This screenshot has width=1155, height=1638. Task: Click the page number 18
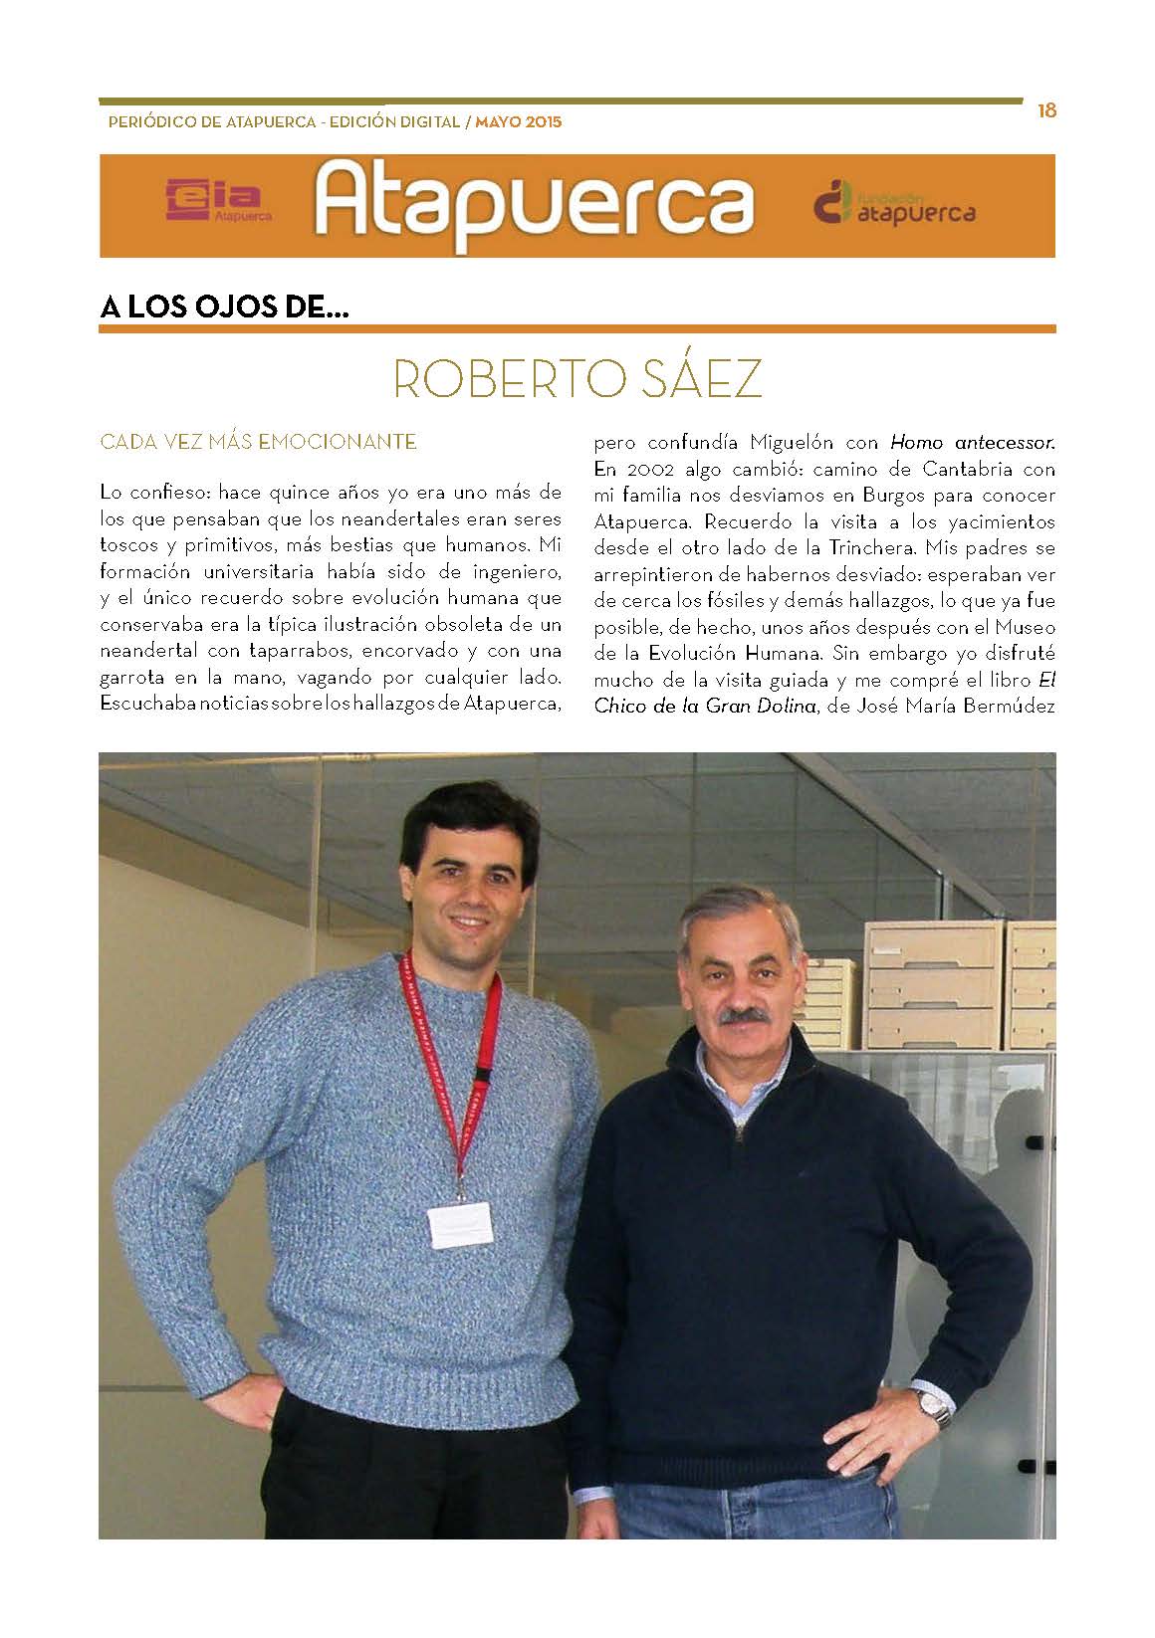tap(1045, 110)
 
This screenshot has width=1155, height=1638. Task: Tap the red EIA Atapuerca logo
tap(218, 201)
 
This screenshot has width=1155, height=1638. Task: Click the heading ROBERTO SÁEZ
tap(577, 378)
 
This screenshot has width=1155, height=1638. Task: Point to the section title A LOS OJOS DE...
tap(225, 307)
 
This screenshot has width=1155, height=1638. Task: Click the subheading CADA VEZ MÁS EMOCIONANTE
tap(258, 442)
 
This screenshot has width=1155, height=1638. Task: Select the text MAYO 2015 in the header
tap(519, 123)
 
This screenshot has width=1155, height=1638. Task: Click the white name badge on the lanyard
tap(460, 1222)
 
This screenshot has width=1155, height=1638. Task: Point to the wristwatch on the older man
tap(934, 1407)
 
